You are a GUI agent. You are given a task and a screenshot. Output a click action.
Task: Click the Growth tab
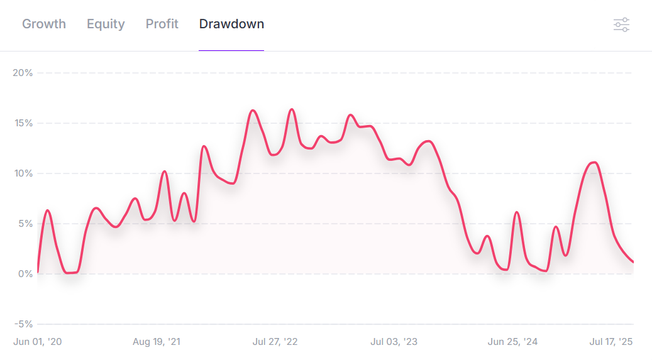[x=44, y=24]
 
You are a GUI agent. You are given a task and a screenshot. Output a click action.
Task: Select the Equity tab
[x=106, y=24]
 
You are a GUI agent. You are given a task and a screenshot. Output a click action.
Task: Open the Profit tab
[x=162, y=24]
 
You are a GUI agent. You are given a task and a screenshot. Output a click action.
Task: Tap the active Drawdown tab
[x=231, y=24]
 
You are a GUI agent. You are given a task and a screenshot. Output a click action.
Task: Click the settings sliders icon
[x=621, y=25]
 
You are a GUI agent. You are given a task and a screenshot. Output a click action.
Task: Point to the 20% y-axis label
[x=23, y=73]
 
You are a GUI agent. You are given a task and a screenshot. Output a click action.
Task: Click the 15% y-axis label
[x=23, y=123]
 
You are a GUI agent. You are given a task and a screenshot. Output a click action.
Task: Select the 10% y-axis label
[x=23, y=173]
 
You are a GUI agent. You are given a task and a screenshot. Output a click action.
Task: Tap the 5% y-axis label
[x=25, y=224]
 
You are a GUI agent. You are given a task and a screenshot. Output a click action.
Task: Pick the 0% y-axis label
[x=25, y=274]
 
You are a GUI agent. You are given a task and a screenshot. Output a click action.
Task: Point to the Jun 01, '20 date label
[x=38, y=342]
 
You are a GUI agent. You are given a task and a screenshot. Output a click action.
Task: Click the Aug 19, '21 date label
[x=157, y=342]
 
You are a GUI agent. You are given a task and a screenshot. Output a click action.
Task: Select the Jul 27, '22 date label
[x=275, y=342]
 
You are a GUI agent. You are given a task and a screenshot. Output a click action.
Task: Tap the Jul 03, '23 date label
[x=394, y=342]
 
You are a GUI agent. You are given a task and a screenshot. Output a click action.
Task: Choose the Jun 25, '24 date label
[x=512, y=342]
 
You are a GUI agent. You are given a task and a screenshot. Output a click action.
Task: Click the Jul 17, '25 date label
[x=611, y=342]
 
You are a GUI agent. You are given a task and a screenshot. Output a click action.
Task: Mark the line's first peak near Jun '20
[x=47, y=210]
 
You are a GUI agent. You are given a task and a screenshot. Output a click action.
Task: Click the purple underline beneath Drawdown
[x=231, y=50]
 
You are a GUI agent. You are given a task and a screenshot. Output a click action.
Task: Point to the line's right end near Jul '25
[x=633, y=262]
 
